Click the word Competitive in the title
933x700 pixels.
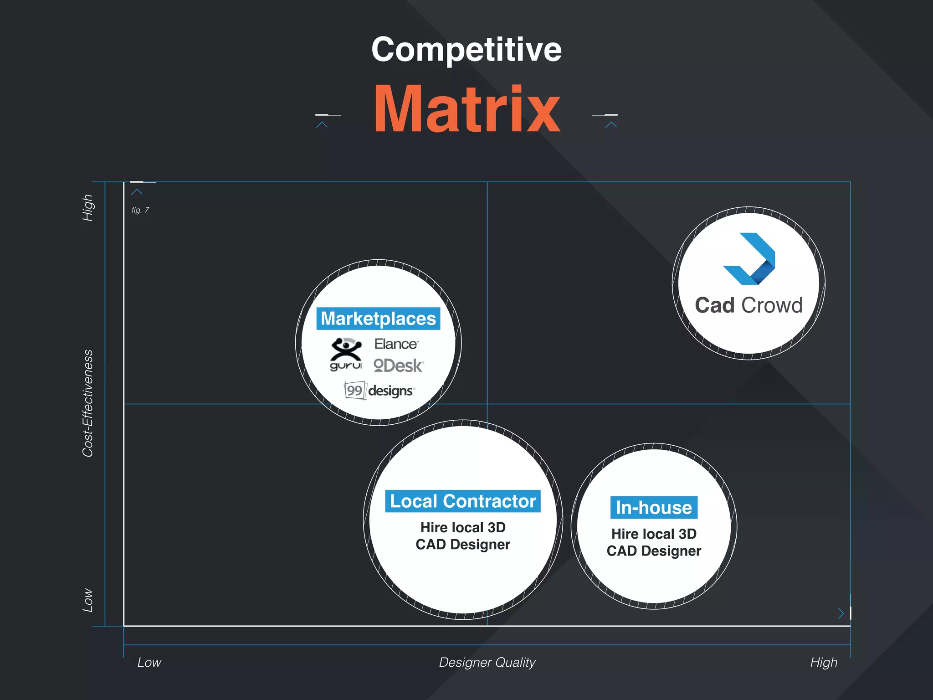pyautogui.click(x=466, y=50)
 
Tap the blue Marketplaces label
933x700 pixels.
pyautogui.click(x=378, y=319)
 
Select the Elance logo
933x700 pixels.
pyautogui.click(x=396, y=344)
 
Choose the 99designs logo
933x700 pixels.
pyautogui.click(x=379, y=391)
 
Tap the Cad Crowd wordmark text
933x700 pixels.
pyautogui.click(x=748, y=305)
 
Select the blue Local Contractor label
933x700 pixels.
pyautogui.click(x=463, y=501)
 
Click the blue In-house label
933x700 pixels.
pyautogui.click(x=654, y=508)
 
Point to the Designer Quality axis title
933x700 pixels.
pyautogui.click(x=487, y=662)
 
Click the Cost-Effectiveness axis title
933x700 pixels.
pyautogui.click(x=87, y=403)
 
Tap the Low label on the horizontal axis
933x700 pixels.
pyautogui.click(x=149, y=662)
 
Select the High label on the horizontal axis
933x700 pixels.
pyautogui.click(x=824, y=662)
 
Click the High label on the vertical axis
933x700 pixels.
pyautogui.click(x=87, y=208)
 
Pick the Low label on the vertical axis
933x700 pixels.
pyautogui.click(x=87, y=600)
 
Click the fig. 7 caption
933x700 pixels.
pyautogui.click(x=140, y=210)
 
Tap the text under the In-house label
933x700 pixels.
pyautogui.click(x=654, y=542)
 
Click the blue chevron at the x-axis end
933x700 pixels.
pyautogui.click(x=841, y=613)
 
